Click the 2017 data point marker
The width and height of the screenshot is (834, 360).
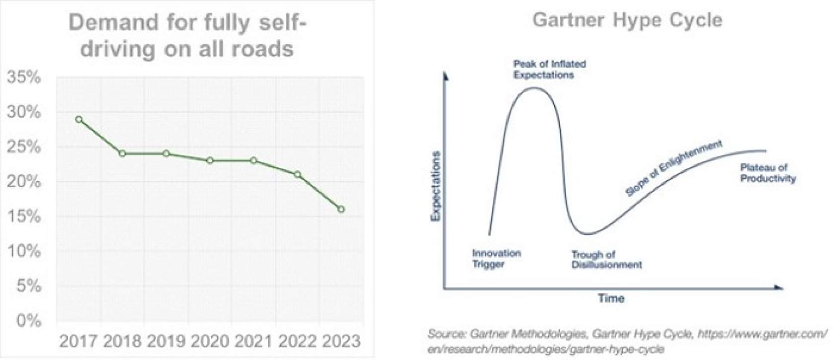pos(79,119)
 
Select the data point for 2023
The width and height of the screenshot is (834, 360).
pos(341,210)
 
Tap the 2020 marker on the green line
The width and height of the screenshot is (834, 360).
pos(210,160)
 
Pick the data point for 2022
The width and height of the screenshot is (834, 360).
pos(297,174)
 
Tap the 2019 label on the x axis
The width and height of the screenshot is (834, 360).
pos(166,341)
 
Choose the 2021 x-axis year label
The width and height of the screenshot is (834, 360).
pos(253,341)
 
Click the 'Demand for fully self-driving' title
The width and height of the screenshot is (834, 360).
pos(187,36)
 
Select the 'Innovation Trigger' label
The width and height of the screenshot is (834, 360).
pos(496,259)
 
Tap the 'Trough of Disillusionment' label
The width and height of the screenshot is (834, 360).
pos(606,260)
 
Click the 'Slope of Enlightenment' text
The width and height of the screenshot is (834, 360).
pos(673,168)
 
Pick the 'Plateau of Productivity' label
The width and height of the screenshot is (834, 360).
pos(767,173)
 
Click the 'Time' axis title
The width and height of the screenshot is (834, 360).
pos(611,298)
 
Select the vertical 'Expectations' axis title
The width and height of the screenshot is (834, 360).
pos(436,186)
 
